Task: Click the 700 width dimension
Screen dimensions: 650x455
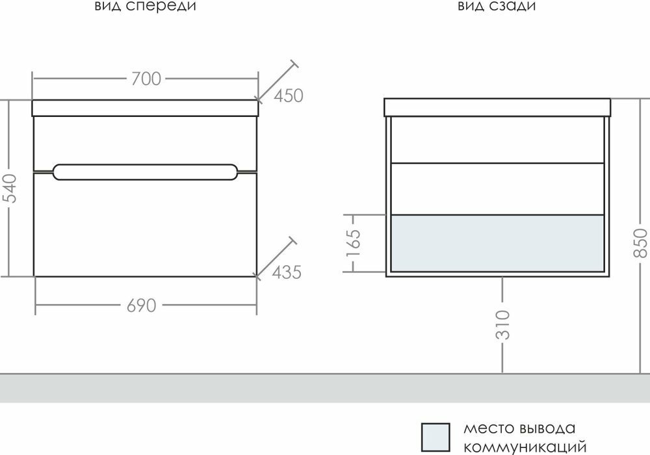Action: coord(146,79)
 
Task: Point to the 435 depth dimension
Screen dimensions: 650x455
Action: coord(287,273)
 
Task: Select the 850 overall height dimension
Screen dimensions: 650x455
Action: coord(640,243)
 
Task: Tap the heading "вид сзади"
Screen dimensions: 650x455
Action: coord(497,7)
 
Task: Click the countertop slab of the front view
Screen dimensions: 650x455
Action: coord(145,108)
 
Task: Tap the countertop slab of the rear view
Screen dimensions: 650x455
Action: coord(499,107)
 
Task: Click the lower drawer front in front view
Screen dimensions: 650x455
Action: coord(145,227)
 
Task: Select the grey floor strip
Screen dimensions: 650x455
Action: coord(325,388)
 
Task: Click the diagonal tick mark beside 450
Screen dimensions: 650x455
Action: coord(276,82)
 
